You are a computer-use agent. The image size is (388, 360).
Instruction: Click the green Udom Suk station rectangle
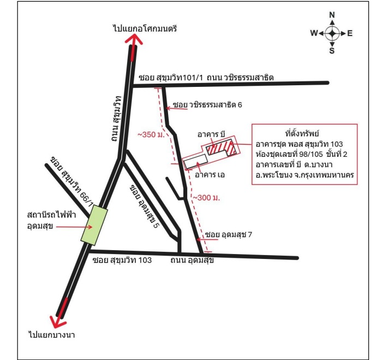click(x=94, y=226)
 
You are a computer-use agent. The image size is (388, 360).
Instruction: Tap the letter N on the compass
click(x=332, y=15)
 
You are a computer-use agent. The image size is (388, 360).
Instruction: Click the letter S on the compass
click(x=332, y=51)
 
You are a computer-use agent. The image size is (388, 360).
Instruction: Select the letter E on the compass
click(x=350, y=33)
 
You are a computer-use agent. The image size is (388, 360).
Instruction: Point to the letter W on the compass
click(x=314, y=33)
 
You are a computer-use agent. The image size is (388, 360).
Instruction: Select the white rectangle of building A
click(x=196, y=161)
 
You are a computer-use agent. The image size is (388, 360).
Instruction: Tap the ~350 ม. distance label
click(x=151, y=134)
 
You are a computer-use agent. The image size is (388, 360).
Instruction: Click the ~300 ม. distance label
click(x=206, y=198)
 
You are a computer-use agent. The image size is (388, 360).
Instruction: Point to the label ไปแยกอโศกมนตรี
click(x=145, y=29)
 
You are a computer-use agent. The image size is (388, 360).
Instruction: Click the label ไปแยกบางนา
click(x=52, y=335)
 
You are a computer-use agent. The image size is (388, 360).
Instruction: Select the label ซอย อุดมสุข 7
click(x=229, y=235)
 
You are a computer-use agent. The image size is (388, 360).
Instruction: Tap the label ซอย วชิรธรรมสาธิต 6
click(x=207, y=105)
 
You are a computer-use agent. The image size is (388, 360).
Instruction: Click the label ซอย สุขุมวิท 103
click(x=122, y=260)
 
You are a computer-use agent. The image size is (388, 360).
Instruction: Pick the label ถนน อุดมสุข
click(x=192, y=260)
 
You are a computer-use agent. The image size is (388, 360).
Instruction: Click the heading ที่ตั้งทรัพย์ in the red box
click(x=302, y=133)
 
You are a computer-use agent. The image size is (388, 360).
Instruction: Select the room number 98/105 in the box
click(x=311, y=154)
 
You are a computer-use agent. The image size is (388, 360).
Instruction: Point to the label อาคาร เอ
click(x=210, y=175)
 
